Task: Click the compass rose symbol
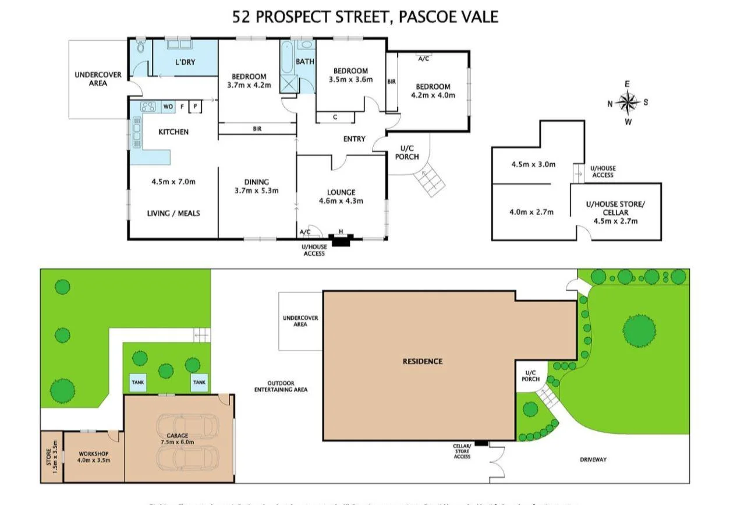[628, 103]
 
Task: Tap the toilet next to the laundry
[141, 48]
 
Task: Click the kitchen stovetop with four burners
[148, 107]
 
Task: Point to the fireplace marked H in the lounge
[341, 239]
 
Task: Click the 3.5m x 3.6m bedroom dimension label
[350, 80]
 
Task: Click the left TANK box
[138, 382]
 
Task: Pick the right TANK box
[199, 382]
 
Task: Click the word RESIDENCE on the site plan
[423, 361]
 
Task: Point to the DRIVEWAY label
[593, 460]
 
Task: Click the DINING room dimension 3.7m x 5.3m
[257, 190]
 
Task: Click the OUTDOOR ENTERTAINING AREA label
[281, 386]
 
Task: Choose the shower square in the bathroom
[289, 84]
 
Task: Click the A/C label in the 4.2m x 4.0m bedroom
[423, 58]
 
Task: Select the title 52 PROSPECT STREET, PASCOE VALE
[365, 16]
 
